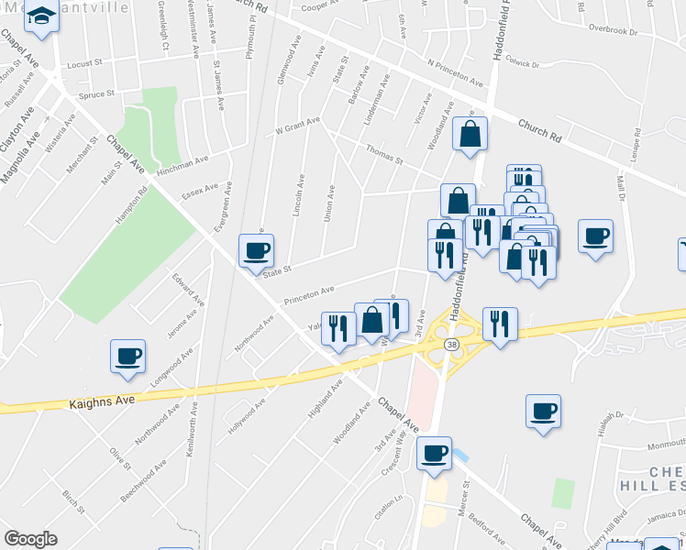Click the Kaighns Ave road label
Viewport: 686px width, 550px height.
[x=102, y=401]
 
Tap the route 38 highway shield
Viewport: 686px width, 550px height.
[x=450, y=345]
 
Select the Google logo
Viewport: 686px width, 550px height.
[x=30, y=539]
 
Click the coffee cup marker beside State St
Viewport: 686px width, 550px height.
[x=256, y=250]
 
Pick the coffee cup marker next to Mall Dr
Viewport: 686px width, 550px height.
[x=595, y=236]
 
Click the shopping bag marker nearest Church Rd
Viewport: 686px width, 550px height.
[x=470, y=135]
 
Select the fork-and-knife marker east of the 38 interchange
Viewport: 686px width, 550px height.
[x=500, y=324]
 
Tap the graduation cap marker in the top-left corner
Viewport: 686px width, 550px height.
[x=41, y=16]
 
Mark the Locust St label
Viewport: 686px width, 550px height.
[x=85, y=65]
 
